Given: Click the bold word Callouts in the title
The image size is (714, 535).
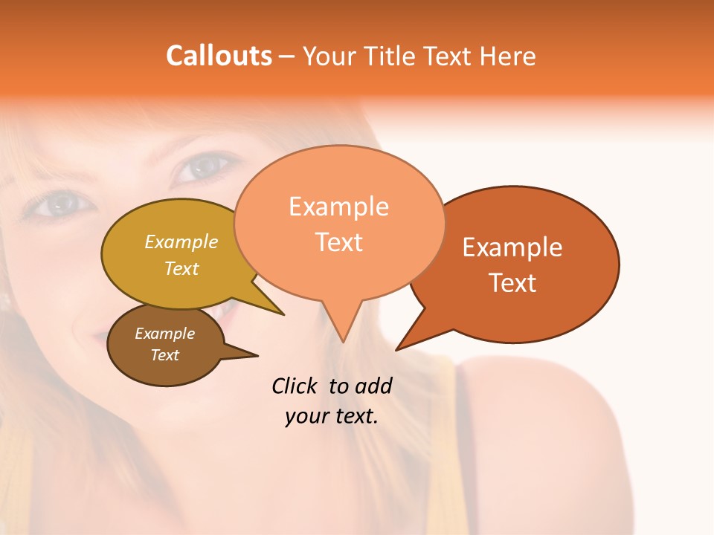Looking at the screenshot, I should tap(219, 56).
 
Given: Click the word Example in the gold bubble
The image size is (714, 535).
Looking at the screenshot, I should tap(181, 242).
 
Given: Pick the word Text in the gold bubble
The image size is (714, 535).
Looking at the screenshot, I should tap(181, 268).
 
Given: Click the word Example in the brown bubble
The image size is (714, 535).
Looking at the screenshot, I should tap(164, 334).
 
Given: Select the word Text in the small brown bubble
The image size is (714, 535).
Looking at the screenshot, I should tap(164, 355).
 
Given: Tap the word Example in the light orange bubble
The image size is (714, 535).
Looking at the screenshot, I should tap(338, 207).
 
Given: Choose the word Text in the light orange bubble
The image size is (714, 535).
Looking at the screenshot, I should tap(339, 242).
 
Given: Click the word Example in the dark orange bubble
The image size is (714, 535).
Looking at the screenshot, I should tap(512, 247).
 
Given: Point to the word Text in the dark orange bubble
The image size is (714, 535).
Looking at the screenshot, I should tap(512, 283).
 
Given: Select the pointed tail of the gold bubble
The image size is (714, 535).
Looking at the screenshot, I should tap(278, 311).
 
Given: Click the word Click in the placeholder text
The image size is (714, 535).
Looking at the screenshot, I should tap(295, 386).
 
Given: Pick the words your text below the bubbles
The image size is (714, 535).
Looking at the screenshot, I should tap(332, 416).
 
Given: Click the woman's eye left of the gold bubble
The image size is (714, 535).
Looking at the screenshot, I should tap(59, 203).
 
